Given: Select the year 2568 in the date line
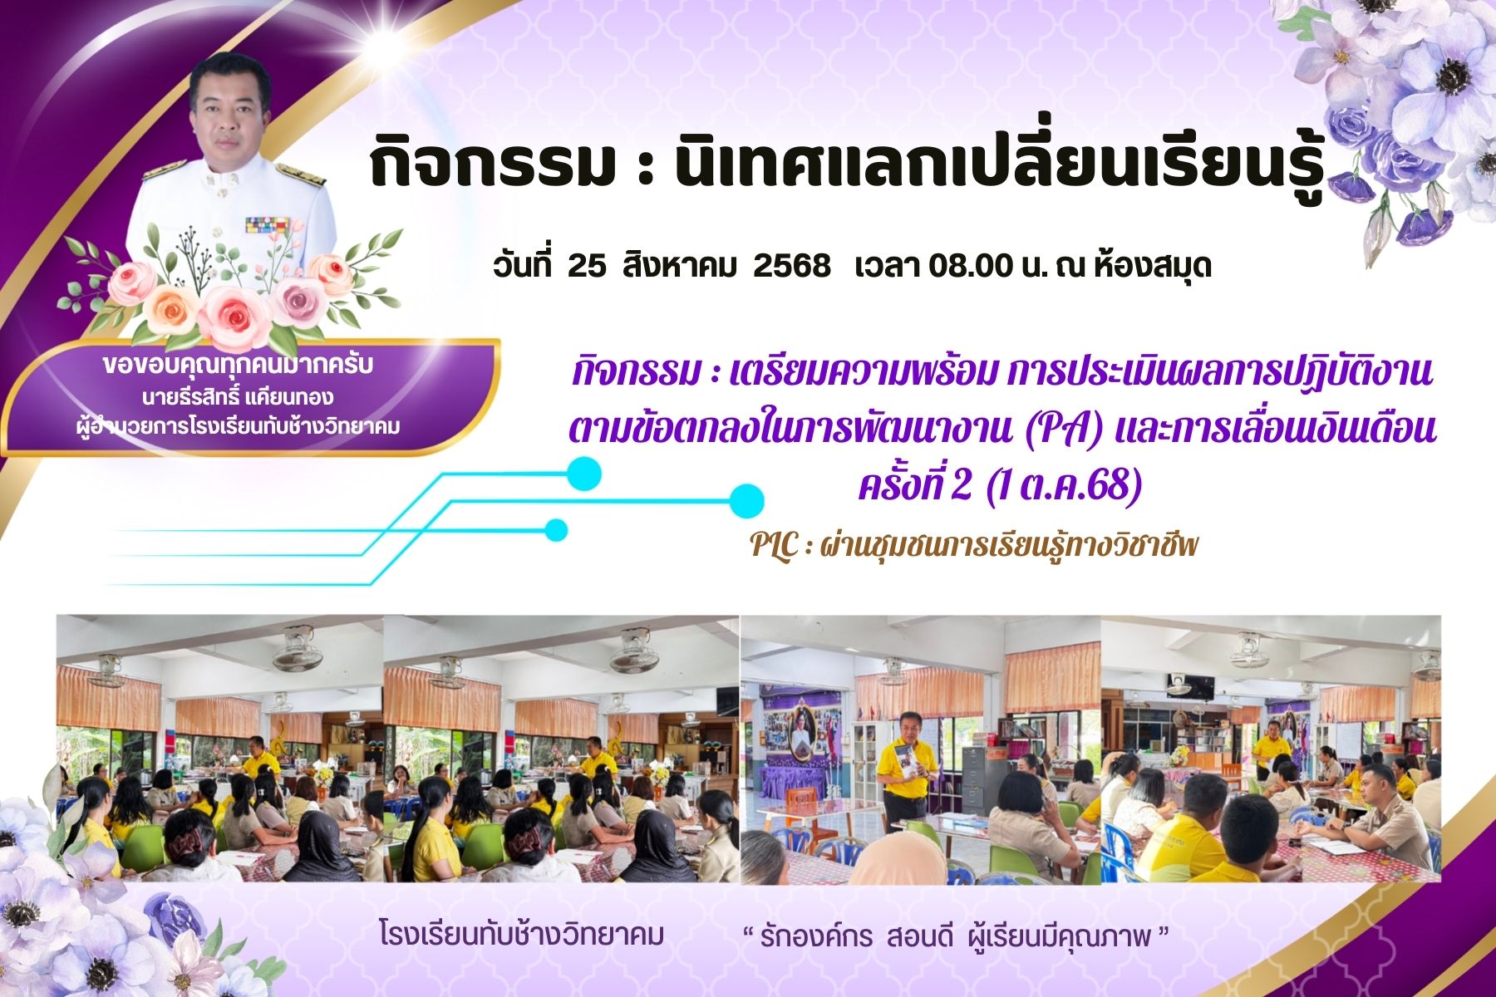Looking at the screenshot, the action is (x=792, y=266).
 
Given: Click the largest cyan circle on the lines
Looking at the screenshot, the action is (x=746, y=501).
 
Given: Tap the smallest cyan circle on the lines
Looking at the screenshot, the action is (x=556, y=530).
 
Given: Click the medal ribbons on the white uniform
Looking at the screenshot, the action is (x=267, y=224).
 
